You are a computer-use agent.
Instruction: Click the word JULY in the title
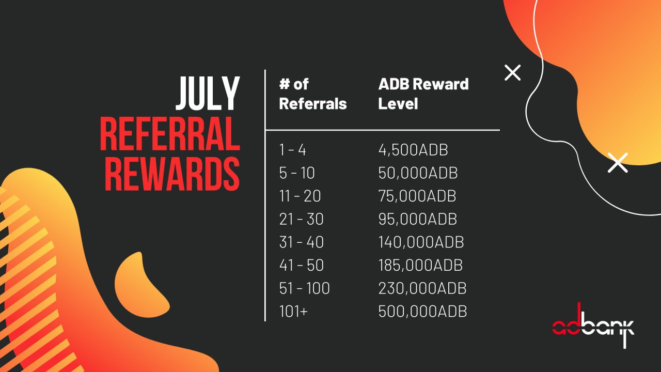(208, 94)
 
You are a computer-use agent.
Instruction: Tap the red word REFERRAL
(170, 133)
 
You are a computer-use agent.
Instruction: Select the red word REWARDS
(172, 173)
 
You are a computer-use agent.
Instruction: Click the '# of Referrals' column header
(313, 94)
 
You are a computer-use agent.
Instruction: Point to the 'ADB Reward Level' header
(423, 94)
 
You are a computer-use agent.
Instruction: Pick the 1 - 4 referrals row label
(292, 150)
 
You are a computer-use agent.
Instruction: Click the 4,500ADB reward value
(413, 150)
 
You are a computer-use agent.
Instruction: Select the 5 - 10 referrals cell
(297, 173)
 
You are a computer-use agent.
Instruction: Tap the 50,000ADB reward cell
(418, 173)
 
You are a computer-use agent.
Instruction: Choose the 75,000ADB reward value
(417, 196)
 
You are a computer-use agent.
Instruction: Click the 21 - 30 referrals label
(301, 219)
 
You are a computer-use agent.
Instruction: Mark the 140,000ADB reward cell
(421, 242)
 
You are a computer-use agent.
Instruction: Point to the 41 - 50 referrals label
(301, 265)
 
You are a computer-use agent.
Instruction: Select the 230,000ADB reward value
(422, 288)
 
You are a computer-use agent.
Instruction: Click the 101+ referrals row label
(293, 311)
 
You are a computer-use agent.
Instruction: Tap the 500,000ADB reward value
(422, 311)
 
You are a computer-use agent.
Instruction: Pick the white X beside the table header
(513, 73)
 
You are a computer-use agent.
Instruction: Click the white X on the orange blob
(618, 163)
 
